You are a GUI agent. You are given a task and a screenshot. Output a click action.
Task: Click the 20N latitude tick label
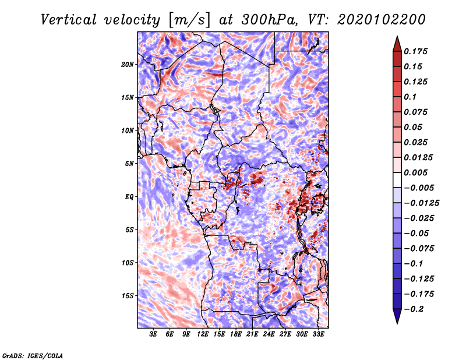[x=128, y=65]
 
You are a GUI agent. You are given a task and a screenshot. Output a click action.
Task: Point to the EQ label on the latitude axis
[x=129, y=197]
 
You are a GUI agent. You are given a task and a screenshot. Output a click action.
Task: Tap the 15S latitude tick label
[x=128, y=296]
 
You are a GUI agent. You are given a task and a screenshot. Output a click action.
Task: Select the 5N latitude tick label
[x=129, y=164]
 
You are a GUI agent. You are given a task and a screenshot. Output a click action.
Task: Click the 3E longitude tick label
[x=153, y=334]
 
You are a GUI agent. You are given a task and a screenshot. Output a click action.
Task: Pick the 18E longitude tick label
[x=236, y=334]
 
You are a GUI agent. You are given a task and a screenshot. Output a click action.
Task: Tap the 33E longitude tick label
[x=318, y=334]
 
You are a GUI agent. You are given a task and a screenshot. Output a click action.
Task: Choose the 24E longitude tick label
[x=269, y=334]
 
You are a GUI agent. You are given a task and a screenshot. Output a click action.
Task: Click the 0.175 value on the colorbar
[x=415, y=51]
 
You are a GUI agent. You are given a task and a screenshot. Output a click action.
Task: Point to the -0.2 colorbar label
[x=414, y=309]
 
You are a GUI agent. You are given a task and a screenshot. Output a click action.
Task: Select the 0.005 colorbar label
[x=415, y=172]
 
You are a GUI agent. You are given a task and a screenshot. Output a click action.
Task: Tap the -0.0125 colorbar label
[x=421, y=203]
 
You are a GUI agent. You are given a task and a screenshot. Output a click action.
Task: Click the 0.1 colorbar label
[x=410, y=97]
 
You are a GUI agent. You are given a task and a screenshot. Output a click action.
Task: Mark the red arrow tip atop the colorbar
[x=397, y=36]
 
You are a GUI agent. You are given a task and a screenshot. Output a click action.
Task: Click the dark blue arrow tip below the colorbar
[x=397, y=323]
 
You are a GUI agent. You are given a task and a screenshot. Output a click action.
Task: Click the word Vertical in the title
[x=69, y=20]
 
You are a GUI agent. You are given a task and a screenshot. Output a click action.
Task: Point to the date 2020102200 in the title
[x=381, y=20]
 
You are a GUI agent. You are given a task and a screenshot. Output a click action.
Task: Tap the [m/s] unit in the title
[x=189, y=20]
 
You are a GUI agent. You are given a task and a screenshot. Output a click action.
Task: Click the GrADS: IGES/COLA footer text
[x=33, y=355]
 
